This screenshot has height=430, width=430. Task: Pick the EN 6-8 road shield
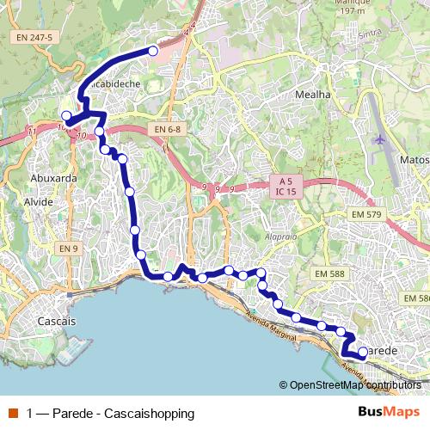pyautogui.click(x=169, y=129)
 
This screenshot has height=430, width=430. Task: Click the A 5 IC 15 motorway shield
pyautogui.click(x=285, y=187)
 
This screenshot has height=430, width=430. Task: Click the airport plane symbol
pyautogui.click(x=381, y=139)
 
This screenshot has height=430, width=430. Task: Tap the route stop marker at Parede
pyautogui.click(x=362, y=351)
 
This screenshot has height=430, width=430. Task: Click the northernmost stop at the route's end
pyautogui.click(x=153, y=51)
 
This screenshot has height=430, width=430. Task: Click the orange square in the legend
pyautogui.click(x=13, y=413)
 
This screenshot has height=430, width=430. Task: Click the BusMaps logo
pyautogui.click(x=389, y=412)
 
